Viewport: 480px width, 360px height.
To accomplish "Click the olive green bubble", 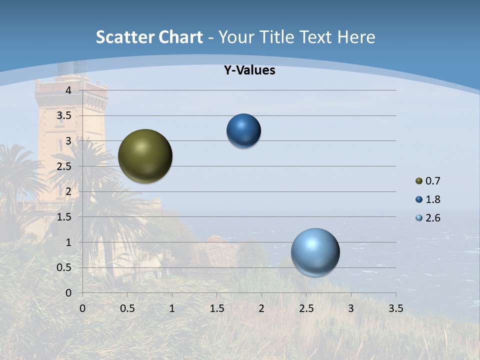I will click(145, 156).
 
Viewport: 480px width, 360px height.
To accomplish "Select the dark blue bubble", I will click(243, 130).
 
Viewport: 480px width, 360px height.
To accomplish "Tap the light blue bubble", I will click(315, 252).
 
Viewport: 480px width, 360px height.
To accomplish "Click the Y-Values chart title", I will click(249, 70).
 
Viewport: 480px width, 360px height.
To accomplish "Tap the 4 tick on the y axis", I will click(68, 90).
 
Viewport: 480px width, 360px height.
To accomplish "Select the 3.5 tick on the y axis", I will click(64, 115).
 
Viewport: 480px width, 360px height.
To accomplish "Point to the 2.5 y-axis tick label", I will click(64, 166).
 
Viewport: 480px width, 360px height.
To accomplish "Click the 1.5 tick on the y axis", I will click(64, 217).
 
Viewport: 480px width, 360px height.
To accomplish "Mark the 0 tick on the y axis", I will click(68, 293).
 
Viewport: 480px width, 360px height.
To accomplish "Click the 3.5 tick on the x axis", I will click(395, 308).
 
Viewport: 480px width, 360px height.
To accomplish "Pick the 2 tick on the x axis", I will click(261, 308).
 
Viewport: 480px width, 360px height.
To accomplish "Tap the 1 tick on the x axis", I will click(172, 308).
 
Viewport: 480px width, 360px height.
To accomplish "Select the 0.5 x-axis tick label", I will click(127, 308).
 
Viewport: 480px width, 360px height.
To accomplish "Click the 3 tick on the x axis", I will click(351, 308).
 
